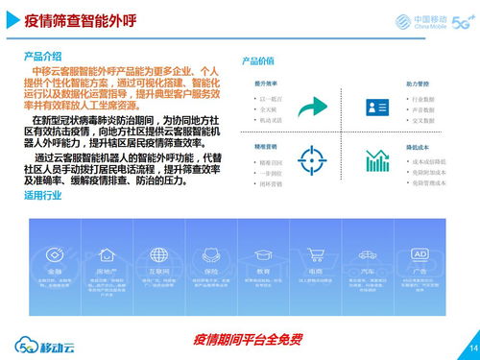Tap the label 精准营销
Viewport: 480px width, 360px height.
click(x=267, y=147)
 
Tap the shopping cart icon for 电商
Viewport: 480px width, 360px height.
click(x=315, y=255)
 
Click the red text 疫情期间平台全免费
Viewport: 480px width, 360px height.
click(x=247, y=339)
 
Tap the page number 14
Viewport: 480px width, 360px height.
click(x=471, y=347)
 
